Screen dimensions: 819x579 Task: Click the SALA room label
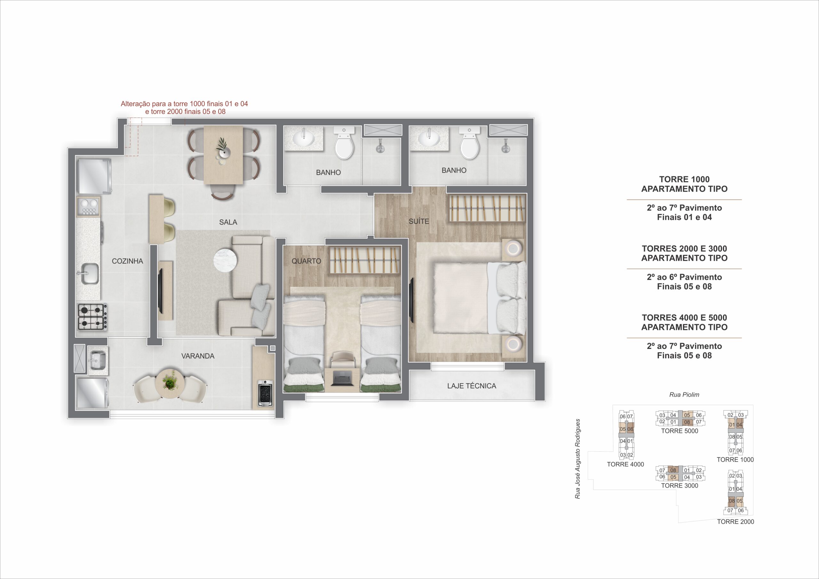228,222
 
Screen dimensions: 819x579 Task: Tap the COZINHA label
127,261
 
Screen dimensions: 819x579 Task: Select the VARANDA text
198,356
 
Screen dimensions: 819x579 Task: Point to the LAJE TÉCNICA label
472,386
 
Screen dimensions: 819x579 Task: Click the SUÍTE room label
419,221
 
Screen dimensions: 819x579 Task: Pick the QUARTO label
306,261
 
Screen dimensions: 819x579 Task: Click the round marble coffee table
225,261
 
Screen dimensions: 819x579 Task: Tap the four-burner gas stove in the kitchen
92,317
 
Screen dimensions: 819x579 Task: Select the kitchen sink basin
90,273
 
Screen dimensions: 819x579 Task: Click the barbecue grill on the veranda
265,393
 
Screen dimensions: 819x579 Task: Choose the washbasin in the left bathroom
304,139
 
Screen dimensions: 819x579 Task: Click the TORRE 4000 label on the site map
625,464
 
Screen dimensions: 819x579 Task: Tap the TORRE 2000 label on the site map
736,521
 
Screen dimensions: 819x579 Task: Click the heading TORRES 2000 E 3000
684,249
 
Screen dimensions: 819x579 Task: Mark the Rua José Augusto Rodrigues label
577,459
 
